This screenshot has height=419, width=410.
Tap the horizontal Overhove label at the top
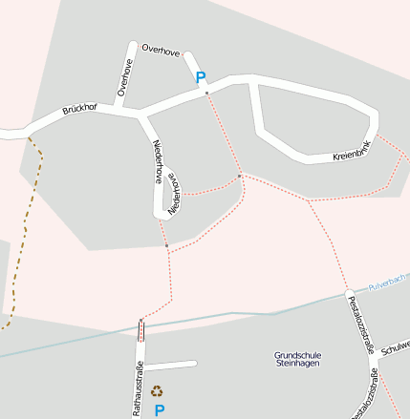coord(160,50)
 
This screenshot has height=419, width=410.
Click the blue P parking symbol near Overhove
coord(201,78)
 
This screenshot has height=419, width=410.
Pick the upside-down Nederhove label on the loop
coord(174,193)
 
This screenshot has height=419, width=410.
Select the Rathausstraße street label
coord(139,390)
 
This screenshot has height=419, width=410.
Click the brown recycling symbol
coord(157,389)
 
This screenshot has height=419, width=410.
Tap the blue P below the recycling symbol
coord(159,409)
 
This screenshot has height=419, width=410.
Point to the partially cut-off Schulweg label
coord(395,347)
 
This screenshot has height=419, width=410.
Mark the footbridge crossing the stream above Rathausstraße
coord(142,330)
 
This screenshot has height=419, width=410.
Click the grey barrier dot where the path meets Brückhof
coord(206,94)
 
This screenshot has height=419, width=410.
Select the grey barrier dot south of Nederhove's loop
coord(166,246)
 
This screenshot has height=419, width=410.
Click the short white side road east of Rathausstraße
coord(172,365)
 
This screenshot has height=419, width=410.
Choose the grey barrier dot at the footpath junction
coord(240,176)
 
